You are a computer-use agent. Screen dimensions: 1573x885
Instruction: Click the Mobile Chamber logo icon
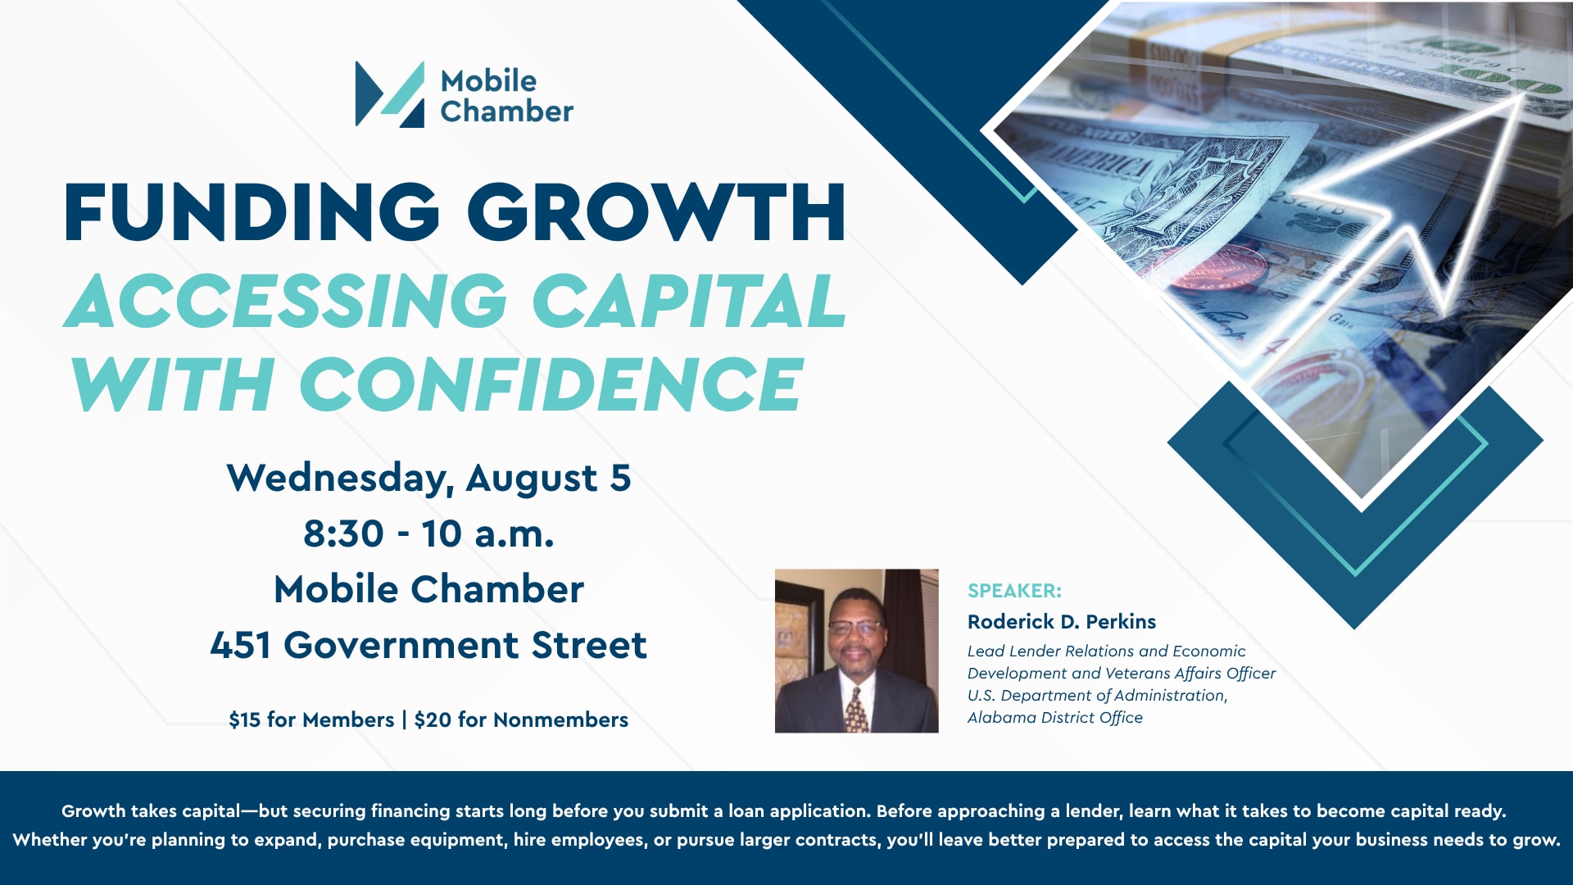coord(390,94)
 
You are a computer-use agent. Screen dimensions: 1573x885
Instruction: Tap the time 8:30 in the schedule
coord(343,534)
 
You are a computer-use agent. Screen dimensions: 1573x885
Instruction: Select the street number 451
coord(240,645)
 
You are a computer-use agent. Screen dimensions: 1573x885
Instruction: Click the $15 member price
coord(245,719)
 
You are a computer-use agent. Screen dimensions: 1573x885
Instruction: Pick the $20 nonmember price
coord(433,719)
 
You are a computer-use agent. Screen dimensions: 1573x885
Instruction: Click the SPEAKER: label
coord(1014,591)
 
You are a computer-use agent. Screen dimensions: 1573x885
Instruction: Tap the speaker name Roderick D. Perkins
coord(1062,621)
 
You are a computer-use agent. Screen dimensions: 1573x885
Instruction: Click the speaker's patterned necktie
coord(856,710)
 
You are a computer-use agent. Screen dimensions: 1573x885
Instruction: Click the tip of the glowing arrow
coord(1524,95)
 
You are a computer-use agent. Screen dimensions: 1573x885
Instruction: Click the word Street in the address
coord(589,645)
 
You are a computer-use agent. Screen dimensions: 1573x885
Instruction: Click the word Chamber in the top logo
coord(507,111)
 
